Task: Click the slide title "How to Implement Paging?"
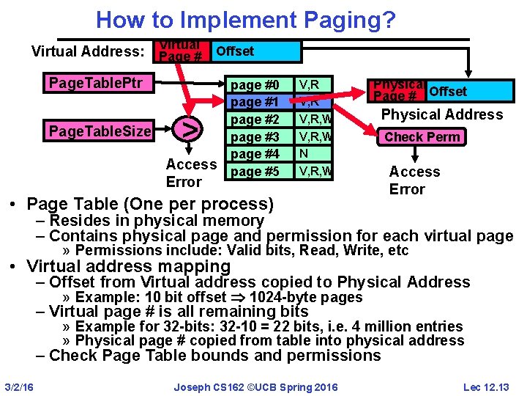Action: pos(245,19)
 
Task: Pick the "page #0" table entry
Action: pos(255,84)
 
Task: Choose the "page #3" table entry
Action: pos(255,137)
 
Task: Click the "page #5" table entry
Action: pos(255,172)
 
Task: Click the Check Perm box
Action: pos(422,137)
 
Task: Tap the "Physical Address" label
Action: pos(442,114)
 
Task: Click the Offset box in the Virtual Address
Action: pos(256,51)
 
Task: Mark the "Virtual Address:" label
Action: pos(88,51)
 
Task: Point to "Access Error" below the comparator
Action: pos(190,173)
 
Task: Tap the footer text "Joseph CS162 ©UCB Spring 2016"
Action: pos(256,386)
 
